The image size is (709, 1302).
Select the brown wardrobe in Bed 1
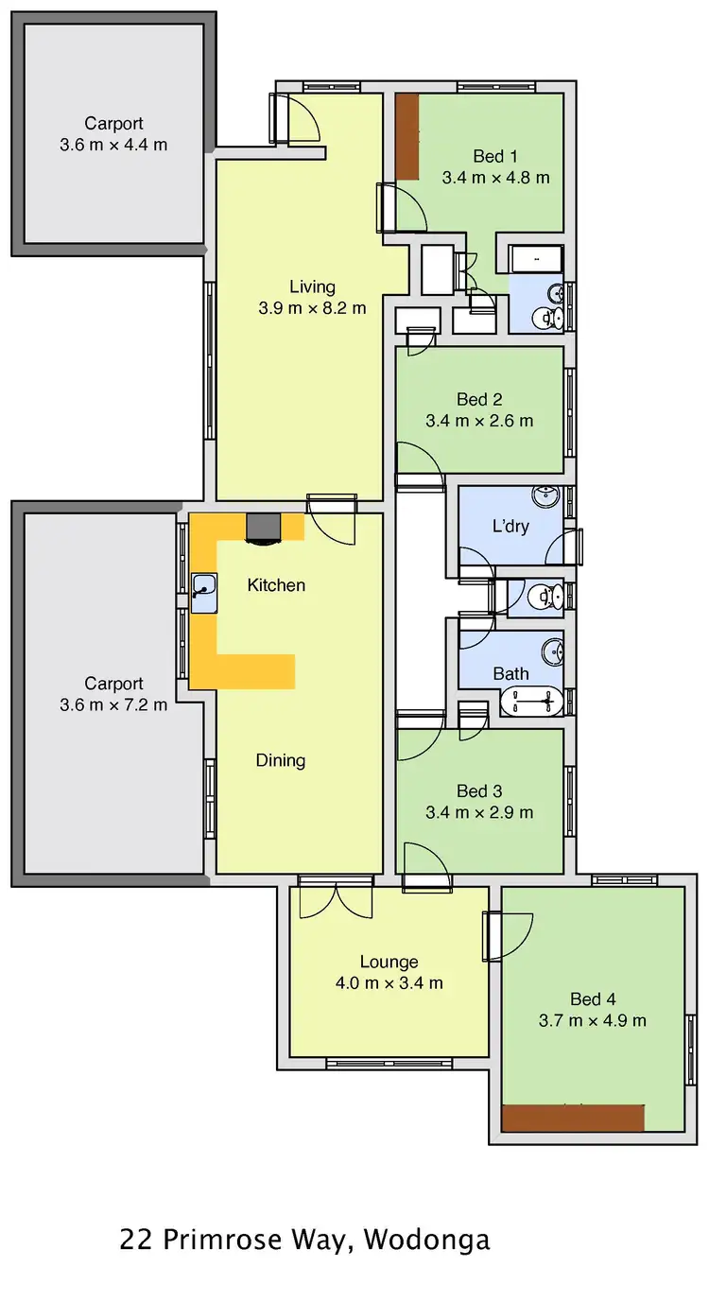[x=406, y=136]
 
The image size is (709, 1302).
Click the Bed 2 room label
[x=479, y=400]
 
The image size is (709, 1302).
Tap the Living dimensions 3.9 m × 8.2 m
[x=312, y=307]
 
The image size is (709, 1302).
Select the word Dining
[x=281, y=760]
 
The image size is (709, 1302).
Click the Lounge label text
[x=389, y=962]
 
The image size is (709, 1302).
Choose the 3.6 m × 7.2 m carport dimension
[x=113, y=704]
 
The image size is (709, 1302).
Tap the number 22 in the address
[x=134, y=1240]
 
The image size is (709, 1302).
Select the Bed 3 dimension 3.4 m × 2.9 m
[x=479, y=812]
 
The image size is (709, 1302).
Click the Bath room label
[x=510, y=674]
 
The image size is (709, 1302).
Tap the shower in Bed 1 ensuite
[x=535, y=258]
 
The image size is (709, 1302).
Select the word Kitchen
[x=276, y=585]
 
